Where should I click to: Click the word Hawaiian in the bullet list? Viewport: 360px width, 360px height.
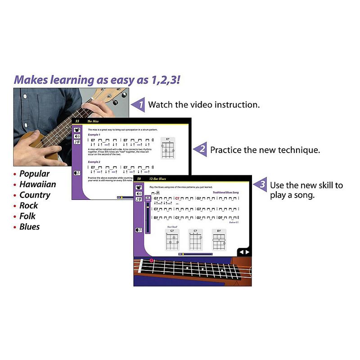tap(37, 184)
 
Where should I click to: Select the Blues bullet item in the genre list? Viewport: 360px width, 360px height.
tap(29, 227)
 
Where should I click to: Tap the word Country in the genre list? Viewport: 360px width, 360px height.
tap(35, 195)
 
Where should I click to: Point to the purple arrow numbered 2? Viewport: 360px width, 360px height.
tap(201, 149)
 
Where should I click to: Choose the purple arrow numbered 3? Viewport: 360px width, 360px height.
tap(261, 185)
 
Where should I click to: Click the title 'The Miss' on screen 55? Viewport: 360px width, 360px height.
tap(93, 121)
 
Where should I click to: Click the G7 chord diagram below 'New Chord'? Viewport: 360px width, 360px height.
tap(171, 240)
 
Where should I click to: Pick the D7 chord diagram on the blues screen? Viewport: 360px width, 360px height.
tap(219, 240)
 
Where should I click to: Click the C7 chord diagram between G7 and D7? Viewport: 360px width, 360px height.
tap(195, 240)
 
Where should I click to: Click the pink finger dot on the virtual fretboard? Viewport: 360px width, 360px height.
tap(152, 261)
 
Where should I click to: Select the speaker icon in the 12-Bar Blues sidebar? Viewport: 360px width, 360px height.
tap(139, 193)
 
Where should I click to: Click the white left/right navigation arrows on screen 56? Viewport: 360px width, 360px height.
tap(244, 252)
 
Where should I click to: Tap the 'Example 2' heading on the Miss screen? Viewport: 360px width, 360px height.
tap(94, 162)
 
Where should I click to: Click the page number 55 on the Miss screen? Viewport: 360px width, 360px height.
tap(77, 121)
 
